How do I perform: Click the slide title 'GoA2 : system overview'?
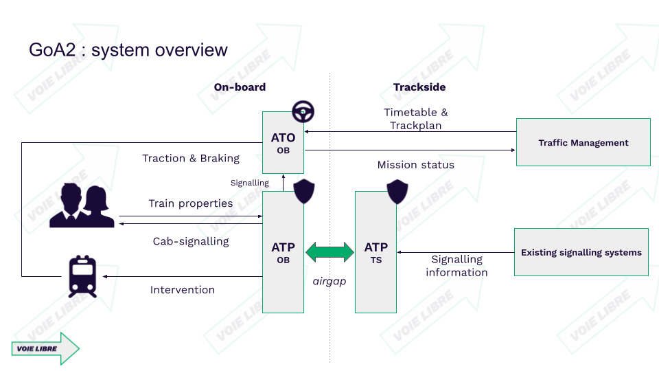[x=128, y=50]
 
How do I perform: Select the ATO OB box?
[x=283, y=143]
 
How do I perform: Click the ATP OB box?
[x=283, y=252]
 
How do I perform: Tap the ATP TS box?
[x=375, y=252]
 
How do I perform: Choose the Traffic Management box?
[x=583, y=143]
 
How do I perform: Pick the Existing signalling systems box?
[x=581, y=252]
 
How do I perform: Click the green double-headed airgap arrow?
[x=329, y=252]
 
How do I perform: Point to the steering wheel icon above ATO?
[x=303, y=111]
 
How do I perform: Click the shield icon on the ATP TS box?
[x=397, y=192]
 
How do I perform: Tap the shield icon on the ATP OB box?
[x=305, y=192]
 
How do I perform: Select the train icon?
[x=82, y=276]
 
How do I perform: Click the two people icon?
[x=82, y=205]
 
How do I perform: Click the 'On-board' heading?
[x=240, y=87]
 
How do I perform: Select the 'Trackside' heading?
[x=419, y=87]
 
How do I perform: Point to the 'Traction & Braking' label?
[x=191, y=159]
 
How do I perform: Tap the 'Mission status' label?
[x=415, y=165]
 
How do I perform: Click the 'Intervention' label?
[x=183, y=290]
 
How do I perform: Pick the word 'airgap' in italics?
[x=329, y=282]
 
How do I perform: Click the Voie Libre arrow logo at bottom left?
[x=45, y=348]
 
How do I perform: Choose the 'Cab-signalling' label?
[x=191, y=241]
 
